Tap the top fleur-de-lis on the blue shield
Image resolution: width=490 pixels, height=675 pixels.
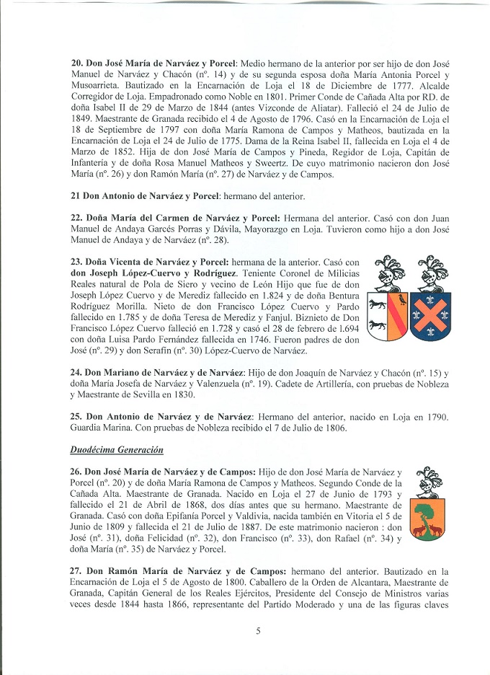430,296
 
